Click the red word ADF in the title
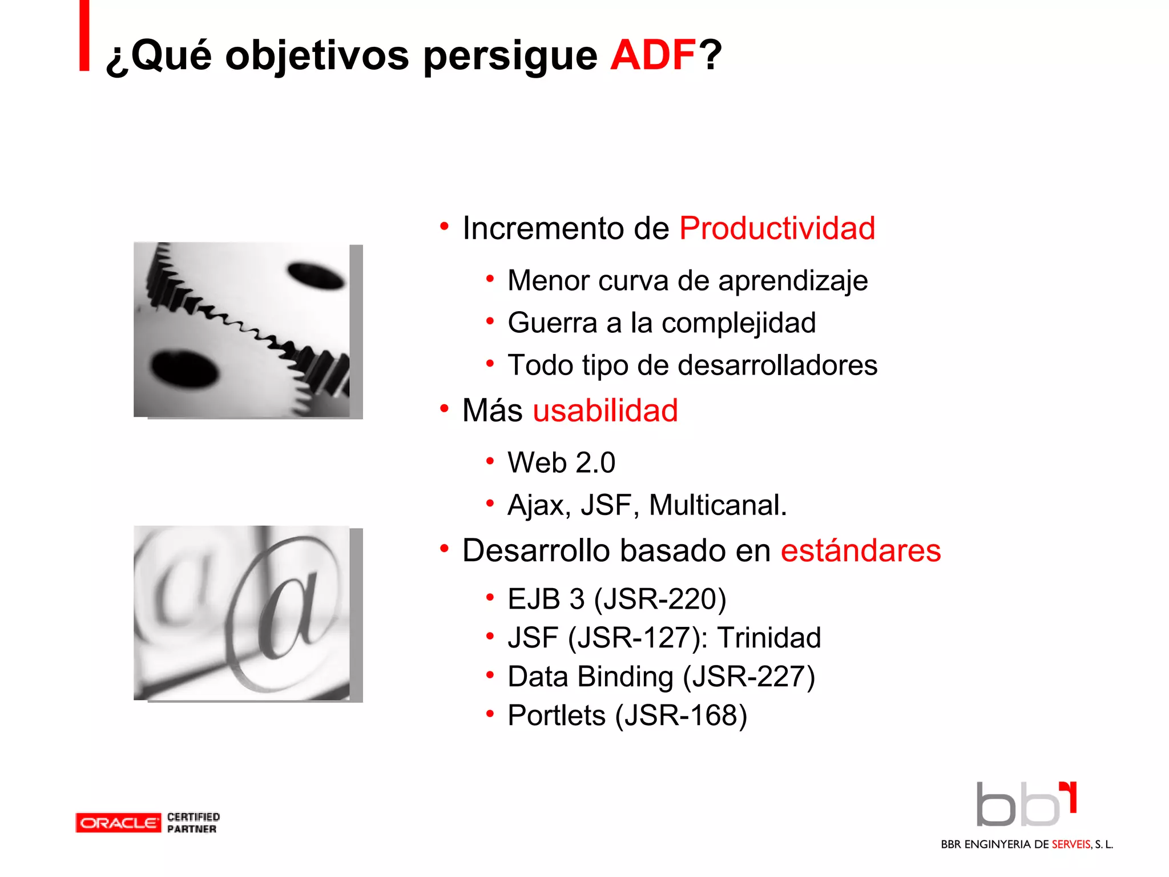652,55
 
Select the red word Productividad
777,228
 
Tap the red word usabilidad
605,411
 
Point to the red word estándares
860,551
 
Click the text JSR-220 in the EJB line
660,600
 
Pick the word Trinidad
769,638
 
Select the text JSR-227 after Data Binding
749,677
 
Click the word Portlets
557,715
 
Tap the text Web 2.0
562,462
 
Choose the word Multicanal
717,505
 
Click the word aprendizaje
793,281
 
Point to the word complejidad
739,323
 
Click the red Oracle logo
118,823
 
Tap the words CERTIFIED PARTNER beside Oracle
193,823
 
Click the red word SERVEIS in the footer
1071,844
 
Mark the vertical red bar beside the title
84,35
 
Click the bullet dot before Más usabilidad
444,409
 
